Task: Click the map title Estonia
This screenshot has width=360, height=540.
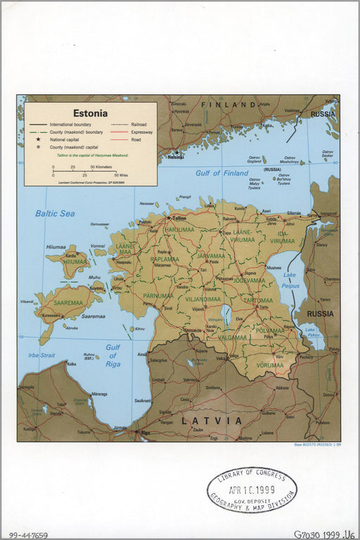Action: coord(91,112)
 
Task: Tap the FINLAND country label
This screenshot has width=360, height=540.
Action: coord(228,105)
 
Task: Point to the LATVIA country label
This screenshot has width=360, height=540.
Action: coord(212,420)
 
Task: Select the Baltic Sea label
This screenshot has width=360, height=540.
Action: coord(55,213)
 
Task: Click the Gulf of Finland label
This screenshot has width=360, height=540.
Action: coord(222,173)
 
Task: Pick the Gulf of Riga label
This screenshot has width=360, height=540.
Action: coord(113,355)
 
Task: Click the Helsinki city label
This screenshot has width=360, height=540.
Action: coord(176,157)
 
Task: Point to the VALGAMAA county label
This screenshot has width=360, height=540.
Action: coord(233,337)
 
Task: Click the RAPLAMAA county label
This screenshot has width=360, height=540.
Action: coord(165,259)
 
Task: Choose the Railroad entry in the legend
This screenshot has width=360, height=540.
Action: coord(139,124)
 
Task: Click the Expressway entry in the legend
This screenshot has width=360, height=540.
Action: coord(141,131)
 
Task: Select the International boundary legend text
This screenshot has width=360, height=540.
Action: coord(70,124)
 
